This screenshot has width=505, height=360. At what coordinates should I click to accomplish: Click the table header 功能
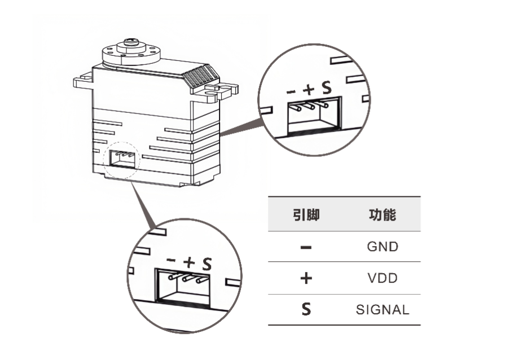click(382, 215)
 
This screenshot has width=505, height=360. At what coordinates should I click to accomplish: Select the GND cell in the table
click(382, 247)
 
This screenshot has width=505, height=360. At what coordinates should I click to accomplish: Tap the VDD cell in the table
click(382, 278)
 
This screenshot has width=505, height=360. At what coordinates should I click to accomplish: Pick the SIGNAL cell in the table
click(382, 310)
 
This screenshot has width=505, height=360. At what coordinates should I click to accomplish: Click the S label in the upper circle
click(326, 88)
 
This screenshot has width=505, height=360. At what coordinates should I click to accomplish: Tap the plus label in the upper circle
click(309, 89)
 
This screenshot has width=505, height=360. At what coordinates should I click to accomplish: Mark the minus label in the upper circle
click(291, 90)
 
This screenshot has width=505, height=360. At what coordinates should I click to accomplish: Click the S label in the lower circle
click(207, 263)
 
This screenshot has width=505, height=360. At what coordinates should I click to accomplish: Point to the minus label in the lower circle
click(172, 260)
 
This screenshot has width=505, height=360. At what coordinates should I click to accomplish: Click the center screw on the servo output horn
click(130, 41)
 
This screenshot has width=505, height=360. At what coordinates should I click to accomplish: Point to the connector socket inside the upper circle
click(314, 117)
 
